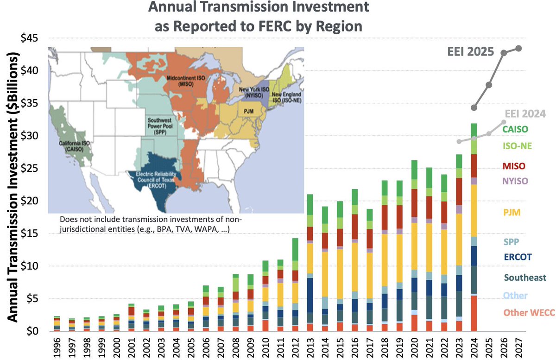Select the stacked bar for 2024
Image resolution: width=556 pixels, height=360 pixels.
click(474, 227)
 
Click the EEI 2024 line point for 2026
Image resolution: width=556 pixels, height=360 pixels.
click(504, 122)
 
